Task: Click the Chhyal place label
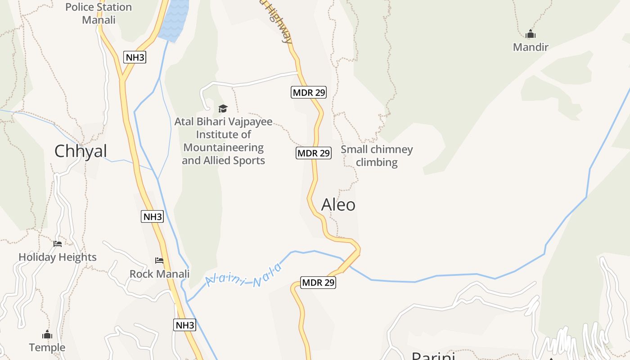coord(81,151)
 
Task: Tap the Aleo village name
coord(338,205)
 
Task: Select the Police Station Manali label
coord(99,13)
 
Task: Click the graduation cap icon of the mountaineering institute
coord(223,108)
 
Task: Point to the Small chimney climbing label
coord(377,156)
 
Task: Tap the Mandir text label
coord(531,47)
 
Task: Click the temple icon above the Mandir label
coord(531,34)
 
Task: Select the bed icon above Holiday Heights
coord(58,244)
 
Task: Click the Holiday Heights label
coord(58,257)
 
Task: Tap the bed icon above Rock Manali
coord(159,261)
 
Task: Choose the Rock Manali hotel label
coord(159,274)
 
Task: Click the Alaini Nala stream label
coord(243,275)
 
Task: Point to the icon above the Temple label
coord(47,335)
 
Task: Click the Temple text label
coord(47,347)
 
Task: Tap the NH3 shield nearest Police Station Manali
coord(135,57)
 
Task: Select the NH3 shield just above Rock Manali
coord(153,216)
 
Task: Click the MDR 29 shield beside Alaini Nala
coord(318,283)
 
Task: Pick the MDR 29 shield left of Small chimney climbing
coord(314,153)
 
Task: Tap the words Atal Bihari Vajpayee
coord(223,121)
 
